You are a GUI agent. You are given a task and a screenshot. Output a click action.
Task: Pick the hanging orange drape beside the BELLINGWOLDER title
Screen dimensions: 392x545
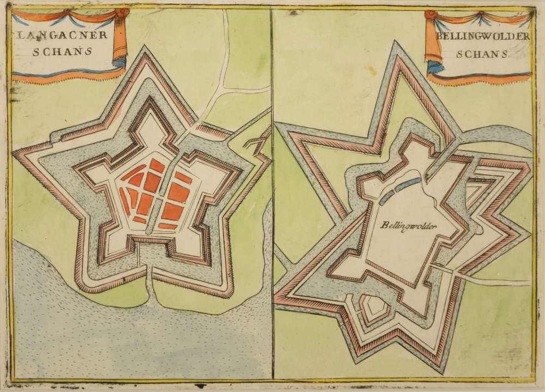pos(433,44)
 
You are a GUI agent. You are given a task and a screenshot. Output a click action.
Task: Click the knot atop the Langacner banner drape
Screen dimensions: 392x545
pos(122,13)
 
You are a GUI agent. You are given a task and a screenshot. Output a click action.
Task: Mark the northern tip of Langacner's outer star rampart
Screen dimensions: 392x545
pos(146,49)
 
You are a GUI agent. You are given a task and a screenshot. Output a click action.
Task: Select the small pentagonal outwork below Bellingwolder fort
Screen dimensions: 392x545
pos(376,309)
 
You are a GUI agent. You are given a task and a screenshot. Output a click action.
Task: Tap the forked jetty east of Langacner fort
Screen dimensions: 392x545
pos(255,143)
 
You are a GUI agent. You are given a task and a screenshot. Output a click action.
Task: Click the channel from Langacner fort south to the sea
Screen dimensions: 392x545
pos(150,284)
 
